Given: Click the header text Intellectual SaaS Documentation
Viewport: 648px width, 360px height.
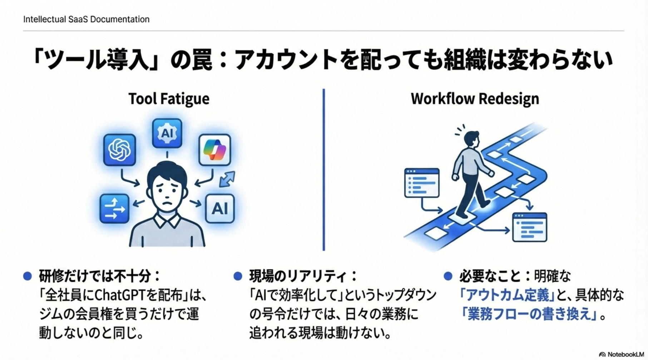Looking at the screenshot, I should [x=86, y=19].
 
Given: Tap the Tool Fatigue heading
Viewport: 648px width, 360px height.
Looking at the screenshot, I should [x=169, y=99].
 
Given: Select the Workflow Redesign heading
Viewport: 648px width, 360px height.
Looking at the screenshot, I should [x=475, y=99].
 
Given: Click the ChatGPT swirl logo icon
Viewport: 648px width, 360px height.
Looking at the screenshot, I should [x=119, y=150].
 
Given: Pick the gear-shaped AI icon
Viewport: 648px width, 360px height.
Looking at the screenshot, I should [x=167, y=133].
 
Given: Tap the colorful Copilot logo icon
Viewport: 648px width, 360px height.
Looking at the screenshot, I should [x=214, y=150].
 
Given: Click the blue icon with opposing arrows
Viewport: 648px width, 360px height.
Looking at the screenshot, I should [x=114, y=208].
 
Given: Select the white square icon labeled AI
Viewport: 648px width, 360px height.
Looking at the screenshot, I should [x=220, y=208].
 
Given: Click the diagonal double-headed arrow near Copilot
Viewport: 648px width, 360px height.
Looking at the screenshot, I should [x=227, y=179].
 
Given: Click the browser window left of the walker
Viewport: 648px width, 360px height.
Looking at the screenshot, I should [x=421, y=183].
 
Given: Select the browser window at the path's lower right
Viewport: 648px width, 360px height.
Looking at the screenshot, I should [x=529, y=227].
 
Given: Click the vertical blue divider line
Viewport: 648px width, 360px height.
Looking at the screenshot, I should [x=323, y=170].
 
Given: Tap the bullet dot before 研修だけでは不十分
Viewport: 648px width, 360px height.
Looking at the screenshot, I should [x=28, y=276].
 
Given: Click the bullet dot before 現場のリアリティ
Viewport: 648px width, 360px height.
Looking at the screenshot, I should [x=238, y=276].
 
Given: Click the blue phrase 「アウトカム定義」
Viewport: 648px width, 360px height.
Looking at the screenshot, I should [x=507, y=295].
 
